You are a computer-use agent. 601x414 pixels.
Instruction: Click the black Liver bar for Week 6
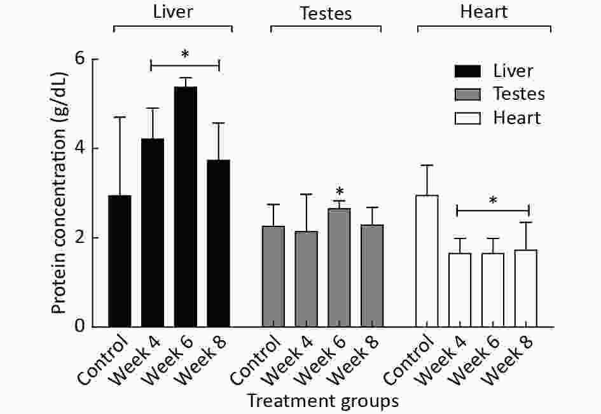point(186,207)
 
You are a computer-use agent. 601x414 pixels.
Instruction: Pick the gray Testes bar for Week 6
point(340,267)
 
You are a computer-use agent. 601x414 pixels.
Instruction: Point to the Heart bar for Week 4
point(460,290)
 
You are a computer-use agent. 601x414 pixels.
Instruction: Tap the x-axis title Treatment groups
point(323,401)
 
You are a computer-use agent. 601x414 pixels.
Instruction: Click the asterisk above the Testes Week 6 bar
point(340,192)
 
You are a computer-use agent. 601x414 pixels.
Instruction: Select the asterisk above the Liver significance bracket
point(185,55)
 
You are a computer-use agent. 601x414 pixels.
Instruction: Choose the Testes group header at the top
point(326,13)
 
